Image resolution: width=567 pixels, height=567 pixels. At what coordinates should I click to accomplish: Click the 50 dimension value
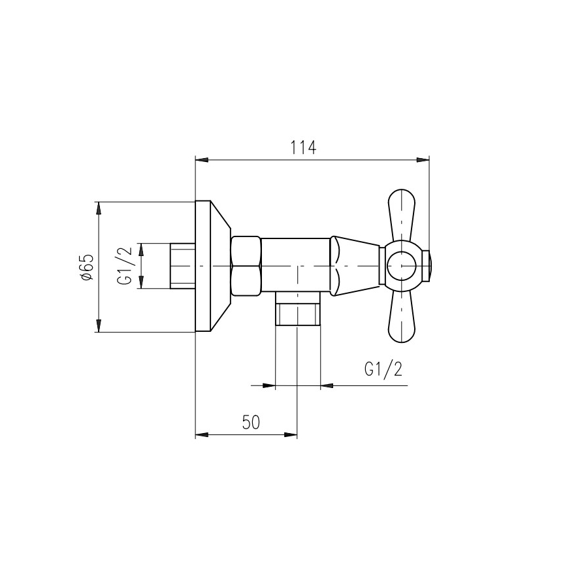click(x=250, y=423)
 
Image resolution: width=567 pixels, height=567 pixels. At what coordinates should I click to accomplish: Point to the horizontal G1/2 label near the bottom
click(x=383, y=370)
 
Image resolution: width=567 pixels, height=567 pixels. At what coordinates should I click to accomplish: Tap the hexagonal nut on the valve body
click(x=246, y=266)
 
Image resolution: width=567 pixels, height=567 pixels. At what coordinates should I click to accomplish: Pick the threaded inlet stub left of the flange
click(x=183, y=266)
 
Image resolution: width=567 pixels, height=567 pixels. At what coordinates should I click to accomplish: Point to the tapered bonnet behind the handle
click(x=355, y=266)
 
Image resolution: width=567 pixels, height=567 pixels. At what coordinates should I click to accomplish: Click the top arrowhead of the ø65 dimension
click(x=99, y=207)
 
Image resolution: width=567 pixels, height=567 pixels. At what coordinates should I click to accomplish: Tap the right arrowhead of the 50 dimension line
click(x=291, y=434)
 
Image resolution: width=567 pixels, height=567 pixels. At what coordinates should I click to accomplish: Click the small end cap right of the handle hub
click(x=427, y=267)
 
